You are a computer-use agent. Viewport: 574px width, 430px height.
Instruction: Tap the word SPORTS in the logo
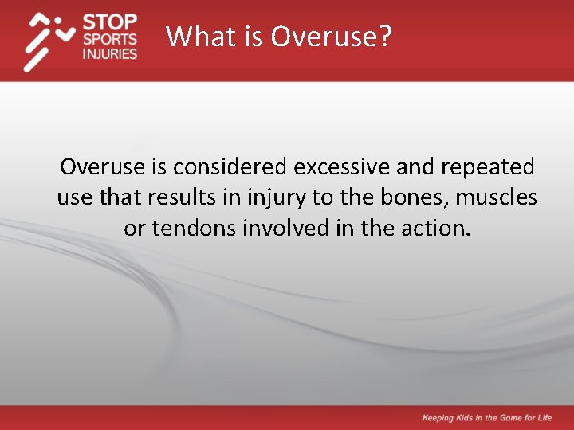(110, 38)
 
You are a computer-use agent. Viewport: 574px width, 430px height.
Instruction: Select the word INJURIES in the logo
(110, 54)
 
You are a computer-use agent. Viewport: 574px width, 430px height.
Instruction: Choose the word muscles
(496, 197)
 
